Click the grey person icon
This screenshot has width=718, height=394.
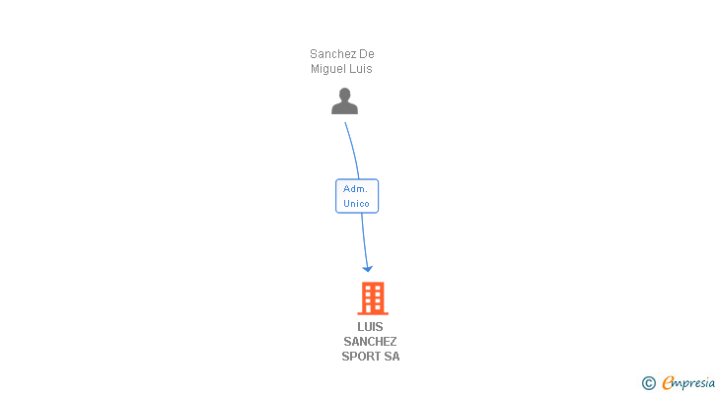pyautogui.click(x=344, y=101)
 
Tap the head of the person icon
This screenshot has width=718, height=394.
pyautogui.click(x=344, y=95)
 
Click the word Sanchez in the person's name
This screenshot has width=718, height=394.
pyautogui.click(x=333, y=54)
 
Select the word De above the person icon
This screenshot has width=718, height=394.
pyautogui.click(x=367, y=54)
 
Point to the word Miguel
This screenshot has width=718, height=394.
pyautogui.click(x=328, y=69)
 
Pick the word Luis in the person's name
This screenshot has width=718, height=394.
pyautogui.click(x=360, y=69)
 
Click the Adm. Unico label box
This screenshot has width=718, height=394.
pyautogui.click(x=357, y=196)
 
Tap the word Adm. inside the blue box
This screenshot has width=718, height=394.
pyautogui.click(x=356, y=188)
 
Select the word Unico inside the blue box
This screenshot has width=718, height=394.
pyautogui.click(x=356, y=204)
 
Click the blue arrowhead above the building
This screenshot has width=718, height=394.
pyautogui.click(x=367, y=267)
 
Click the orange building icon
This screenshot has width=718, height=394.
pyautogui.click(x=372, y=297)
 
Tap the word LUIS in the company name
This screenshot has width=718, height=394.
pyautogui.click(x=371, y=327)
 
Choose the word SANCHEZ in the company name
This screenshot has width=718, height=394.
pyautogui.click(x=371, y=342)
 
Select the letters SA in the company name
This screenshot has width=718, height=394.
pyautogui.click(x=393, y=357)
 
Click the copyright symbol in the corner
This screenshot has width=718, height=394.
pyautogui.click(x=648, y=383)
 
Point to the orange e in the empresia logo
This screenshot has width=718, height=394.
pyautogui.click(x=667, y=383)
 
